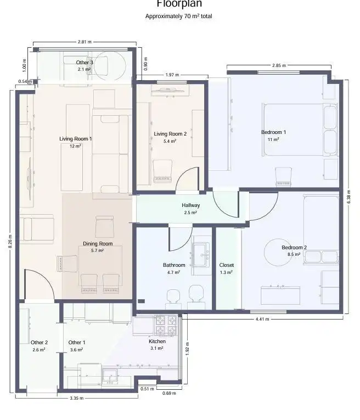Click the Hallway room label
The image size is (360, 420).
tap(190, 205)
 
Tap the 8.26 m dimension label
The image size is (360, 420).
tap(10, 242)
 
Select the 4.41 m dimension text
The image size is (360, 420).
tap(262, 319)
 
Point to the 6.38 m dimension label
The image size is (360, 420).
tap(348, 197)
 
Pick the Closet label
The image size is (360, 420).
tap(227, 265)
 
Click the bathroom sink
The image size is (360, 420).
tap(201, 255)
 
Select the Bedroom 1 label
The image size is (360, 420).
tap(273, 132)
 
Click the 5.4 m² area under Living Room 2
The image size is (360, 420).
tap(170, 141)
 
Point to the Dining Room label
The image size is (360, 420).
tap(98, 243)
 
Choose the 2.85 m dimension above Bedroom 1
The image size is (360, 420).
tap(279, 65)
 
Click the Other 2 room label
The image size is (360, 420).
tap(39, 343)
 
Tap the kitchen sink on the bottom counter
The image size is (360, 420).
tap(110, 375)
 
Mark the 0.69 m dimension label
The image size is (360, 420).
tap(169, 393)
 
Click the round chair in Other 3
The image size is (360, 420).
tap(110, 66)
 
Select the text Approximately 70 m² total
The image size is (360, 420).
tap(179, 16)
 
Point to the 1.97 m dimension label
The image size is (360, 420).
tap(172, 75)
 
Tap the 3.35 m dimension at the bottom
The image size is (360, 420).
tap(77, 398)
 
